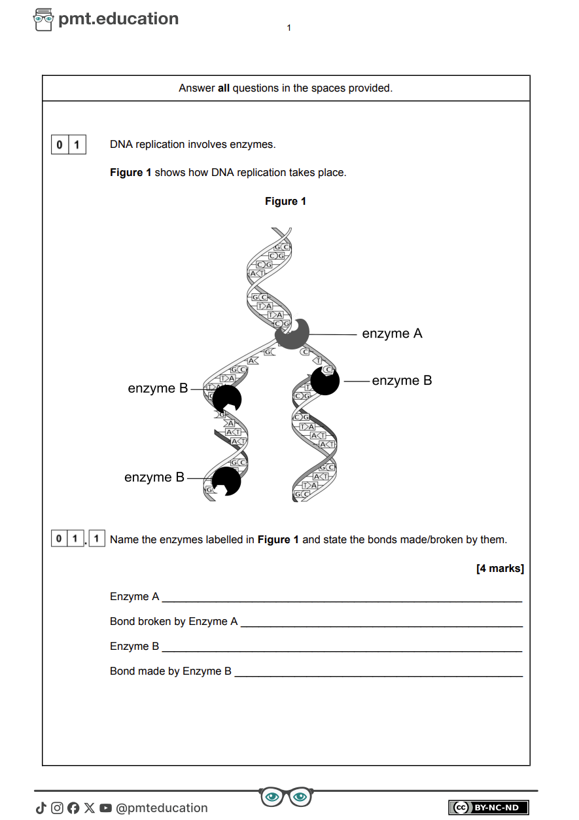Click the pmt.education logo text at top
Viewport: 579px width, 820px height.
coord(118,19)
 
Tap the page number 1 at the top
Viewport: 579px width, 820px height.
coord(289,27)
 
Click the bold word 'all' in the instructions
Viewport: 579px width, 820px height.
coord(224,88)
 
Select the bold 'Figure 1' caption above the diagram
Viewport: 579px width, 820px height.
coord(285,202)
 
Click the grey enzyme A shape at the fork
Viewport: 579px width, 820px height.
coord(292,334)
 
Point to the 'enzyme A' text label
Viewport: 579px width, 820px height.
coord(392,334)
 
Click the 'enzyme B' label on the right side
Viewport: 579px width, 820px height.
coord(402,381)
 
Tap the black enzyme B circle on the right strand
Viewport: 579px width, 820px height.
coord(325,381)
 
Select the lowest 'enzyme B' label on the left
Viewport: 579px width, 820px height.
coord(154,478)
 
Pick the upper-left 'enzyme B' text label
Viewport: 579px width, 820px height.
coord(158,389)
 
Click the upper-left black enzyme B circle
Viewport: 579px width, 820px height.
coord(227,399)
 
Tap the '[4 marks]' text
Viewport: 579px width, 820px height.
coord(500,569)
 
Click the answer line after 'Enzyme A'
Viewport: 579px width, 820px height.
coord(342,597)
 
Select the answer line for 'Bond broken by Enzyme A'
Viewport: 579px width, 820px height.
coord(381,622)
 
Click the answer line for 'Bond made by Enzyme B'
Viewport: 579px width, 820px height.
coord(378,671)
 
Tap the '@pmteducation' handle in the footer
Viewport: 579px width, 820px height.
coord(162,808)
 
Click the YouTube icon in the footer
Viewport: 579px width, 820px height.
coord(105,808)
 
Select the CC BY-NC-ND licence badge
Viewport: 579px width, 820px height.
coord(488,808)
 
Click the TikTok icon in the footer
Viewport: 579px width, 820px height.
coord(41,808)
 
